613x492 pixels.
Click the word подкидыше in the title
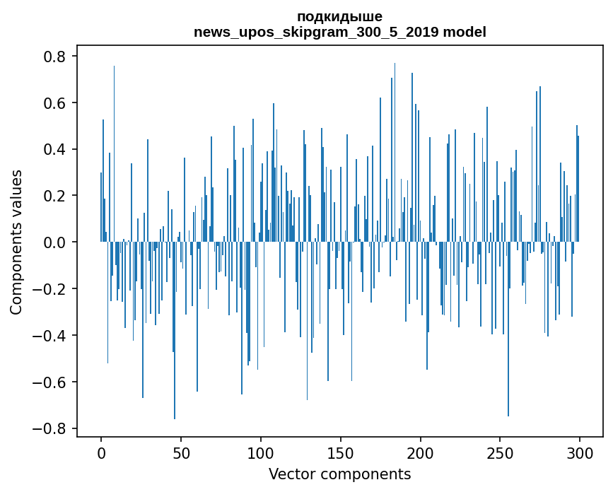coord(339,17)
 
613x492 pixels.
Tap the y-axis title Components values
coord(16,242)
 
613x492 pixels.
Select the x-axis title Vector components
coord(339,474)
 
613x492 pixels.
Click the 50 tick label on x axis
coord(181,452)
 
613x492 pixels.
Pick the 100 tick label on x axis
coord(261,452)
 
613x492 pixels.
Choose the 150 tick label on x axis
coord(341,452)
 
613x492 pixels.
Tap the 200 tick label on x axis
coord(421,452)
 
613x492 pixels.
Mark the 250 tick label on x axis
coord(500,452)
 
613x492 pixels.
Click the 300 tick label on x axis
coord(580,452)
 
